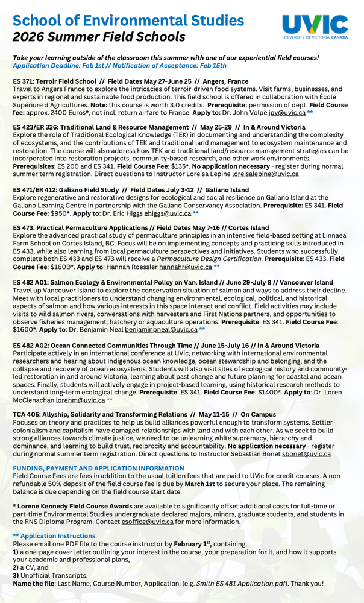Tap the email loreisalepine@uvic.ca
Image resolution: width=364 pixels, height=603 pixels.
tap(265, 174)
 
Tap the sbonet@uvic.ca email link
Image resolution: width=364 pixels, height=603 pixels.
tap(306, 454)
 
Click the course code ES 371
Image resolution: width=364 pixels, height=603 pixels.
tap(28, 81)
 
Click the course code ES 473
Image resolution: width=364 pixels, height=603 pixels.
tap(28, 227)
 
